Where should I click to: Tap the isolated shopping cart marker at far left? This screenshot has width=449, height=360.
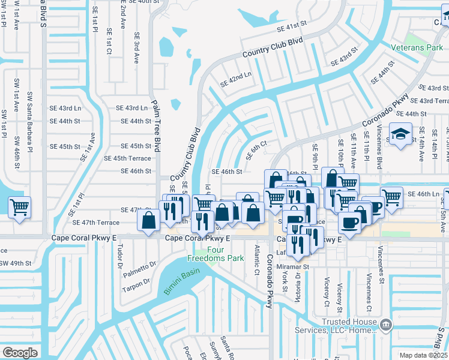pyautogui.click(x=20, y=208)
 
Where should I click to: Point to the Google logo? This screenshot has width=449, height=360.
pyautogui.click(x=20, y=353)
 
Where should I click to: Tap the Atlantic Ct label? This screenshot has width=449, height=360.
pyautogui.click(x=256, y=259)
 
